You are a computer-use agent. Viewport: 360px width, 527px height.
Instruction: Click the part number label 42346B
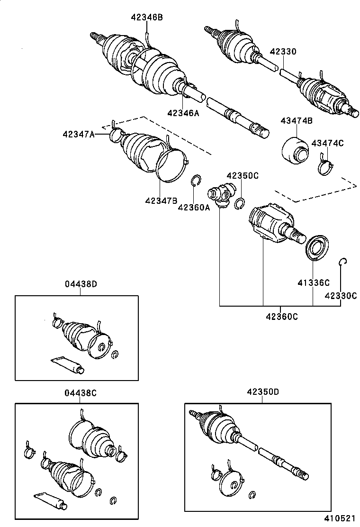(147, 18)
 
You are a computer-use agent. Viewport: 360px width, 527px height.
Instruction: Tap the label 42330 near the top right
(283, 52)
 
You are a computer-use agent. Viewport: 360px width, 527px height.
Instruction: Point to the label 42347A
(78, 134)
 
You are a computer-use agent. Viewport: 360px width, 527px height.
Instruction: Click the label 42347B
(161, 200)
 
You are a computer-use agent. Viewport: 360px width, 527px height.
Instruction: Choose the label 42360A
(194, 207)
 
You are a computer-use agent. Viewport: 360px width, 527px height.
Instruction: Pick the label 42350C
(242, 175)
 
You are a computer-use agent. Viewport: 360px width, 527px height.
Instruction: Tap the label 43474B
(296, 121)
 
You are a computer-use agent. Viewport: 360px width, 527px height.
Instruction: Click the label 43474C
(327, 144)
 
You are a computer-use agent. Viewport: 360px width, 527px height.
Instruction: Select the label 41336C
(313, 283)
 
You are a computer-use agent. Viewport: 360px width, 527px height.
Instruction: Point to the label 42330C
(341, 296)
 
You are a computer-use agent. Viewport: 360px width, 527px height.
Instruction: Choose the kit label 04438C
(81, 393)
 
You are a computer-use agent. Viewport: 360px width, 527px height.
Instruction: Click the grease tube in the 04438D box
(67, 364)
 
